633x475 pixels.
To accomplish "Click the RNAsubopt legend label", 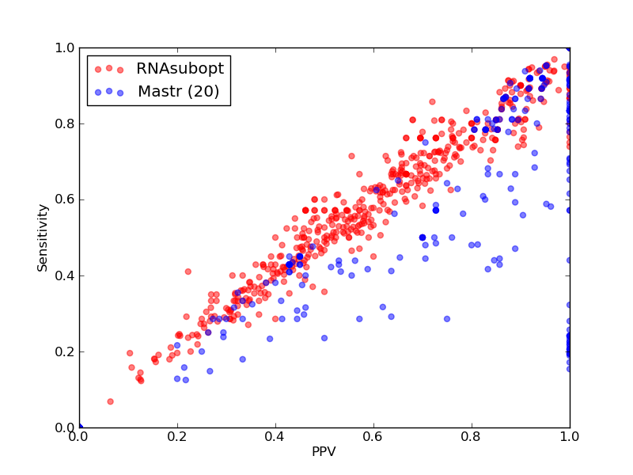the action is tap(180, 69).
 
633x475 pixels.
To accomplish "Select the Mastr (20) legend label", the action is tap(179, 91).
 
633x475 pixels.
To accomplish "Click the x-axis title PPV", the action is tap(324, 451).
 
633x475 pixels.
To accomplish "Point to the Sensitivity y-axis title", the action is tap(43, 238).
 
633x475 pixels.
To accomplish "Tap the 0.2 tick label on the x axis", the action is tap(177, 437).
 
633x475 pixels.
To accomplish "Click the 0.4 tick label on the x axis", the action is tap(275, 437).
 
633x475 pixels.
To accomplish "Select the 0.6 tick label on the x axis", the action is tap(373, 437).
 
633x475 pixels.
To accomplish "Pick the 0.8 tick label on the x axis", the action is tap(472, 437).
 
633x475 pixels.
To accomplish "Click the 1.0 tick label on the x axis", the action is tap(570, 437).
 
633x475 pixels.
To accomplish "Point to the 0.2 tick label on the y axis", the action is tap(65, 351).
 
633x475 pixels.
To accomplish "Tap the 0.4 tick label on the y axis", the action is tap(65, 275).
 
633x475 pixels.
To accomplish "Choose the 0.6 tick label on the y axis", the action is tap(65, 200).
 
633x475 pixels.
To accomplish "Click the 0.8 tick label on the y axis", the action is tap(65, 124).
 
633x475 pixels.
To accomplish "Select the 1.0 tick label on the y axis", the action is tap(65, 48).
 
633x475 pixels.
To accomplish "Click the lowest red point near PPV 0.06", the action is tap(110, 401).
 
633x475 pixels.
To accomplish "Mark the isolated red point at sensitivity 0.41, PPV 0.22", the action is tap(188, 272).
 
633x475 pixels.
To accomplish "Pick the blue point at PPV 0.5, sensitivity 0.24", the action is tap(324, 338).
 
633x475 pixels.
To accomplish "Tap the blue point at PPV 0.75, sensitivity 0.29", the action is tap(447, 319).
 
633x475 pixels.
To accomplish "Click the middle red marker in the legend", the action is tap(109, 68).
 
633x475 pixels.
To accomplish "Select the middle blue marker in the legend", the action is tap(109, 91).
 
